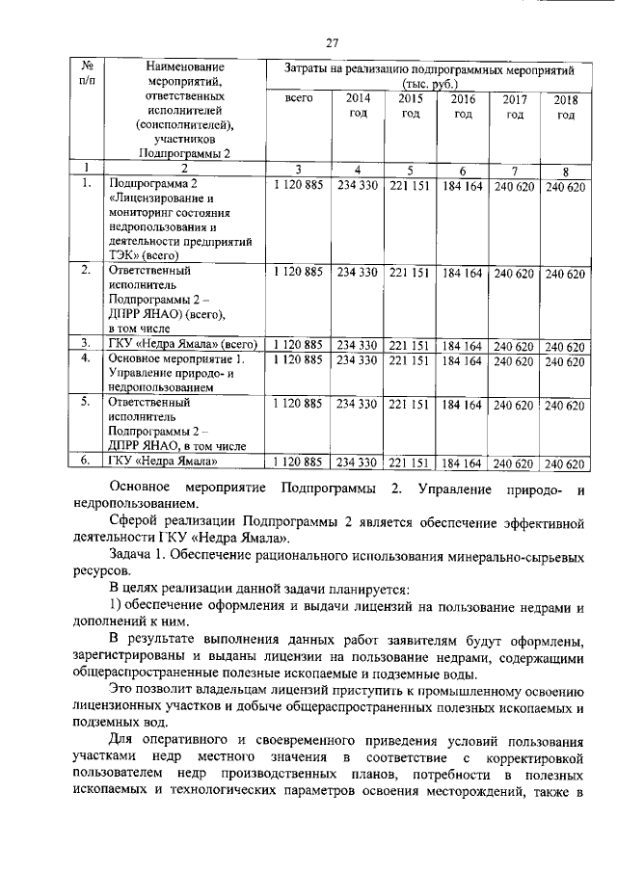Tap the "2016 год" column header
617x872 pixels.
pyautogui.click(x=463, y=107)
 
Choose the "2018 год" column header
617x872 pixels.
pyautogui.click(x=565, y=108)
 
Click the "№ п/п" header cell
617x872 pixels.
pyautogui.click(x=86, y=75)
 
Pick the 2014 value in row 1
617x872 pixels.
pyautogui.click(x=357, y=185)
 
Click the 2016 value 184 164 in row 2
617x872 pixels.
pyautogui.click(x=463, y=273)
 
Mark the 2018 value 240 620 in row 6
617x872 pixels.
pyautogui.click(x=566, y=464)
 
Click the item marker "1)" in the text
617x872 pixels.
pyautogui.click(x=116, y=604)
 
